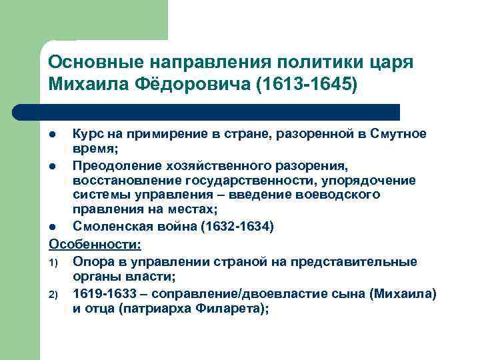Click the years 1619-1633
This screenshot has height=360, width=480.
[x=107, y=294]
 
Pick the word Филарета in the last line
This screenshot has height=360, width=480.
[x=226, y=309]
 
